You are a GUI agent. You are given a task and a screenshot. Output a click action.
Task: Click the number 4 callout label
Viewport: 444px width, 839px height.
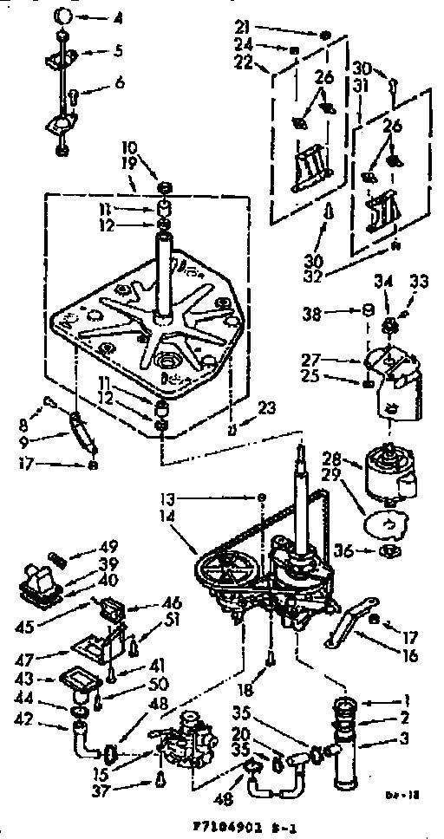point(119,17)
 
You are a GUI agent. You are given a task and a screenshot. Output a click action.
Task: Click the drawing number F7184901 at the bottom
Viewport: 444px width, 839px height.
point(223,829)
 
